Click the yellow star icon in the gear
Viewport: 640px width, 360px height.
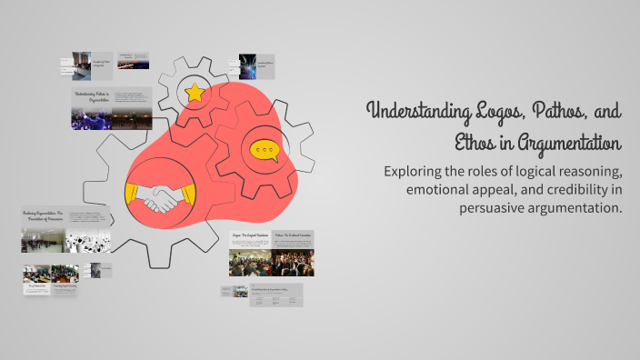tap(194, 92)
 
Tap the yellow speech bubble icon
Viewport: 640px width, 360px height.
tap(265, 150)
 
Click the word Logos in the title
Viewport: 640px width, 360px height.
tap(501, 113)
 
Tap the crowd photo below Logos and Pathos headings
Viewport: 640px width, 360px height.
tap(271, 263)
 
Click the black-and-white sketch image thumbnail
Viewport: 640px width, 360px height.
tap(88, 243)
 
